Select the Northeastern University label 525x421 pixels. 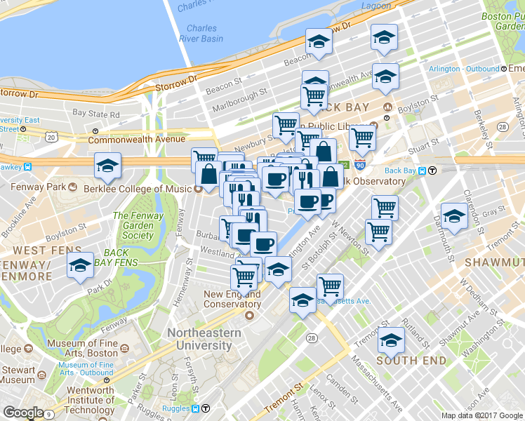(x=204, y=339)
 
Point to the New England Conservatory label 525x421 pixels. (x=232, y=300)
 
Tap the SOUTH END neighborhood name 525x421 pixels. (x=411, y=360)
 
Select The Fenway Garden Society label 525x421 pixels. (x=138, y=225)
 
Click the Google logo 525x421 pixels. (x=23, y=413)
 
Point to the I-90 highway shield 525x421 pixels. (x=359, y=166)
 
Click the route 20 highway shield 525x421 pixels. (x=51, y=137)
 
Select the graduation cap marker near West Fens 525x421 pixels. (x=80, y=266)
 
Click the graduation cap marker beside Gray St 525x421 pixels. (x=454, y=218)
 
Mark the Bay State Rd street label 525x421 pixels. (x=96, y=113)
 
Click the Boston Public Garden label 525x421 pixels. (x=504, y=20)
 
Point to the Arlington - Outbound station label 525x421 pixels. (x=463, y=69)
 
